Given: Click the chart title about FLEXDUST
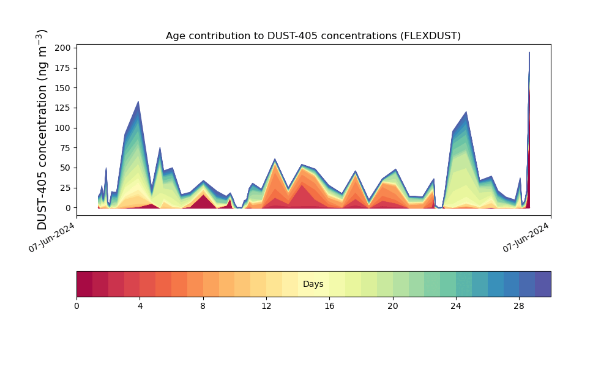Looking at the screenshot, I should (313, 36).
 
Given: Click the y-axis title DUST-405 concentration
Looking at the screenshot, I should (42, 130).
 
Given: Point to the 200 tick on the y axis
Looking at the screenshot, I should (64, 48).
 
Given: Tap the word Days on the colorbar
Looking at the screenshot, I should (313, 284).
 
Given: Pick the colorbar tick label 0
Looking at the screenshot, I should (76, 306).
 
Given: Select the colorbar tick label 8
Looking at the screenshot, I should (203, 306).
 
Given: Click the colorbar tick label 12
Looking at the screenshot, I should (266, 306).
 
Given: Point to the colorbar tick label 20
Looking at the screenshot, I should (392, 306).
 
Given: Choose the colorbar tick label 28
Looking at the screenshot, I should (519, 306).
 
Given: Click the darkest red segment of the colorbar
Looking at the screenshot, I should (84, 284).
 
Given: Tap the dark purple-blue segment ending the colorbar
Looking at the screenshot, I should (543, 284).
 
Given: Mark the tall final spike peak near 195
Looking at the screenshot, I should (529, 53).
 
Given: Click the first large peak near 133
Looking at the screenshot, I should (138, 102).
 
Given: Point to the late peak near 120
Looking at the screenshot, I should (466, 112).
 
